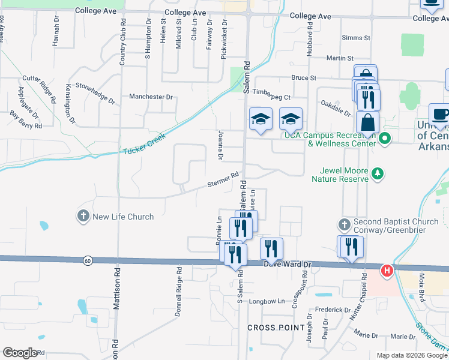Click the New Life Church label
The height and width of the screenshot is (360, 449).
coord(123,217)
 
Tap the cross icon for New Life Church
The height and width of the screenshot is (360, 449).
coord(83,215)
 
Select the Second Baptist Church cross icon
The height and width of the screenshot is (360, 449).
coord(344,224)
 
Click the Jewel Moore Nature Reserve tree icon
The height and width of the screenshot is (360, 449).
coord(378,175)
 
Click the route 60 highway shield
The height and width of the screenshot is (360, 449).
coord(88,260)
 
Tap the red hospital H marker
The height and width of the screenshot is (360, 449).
coord(387,271)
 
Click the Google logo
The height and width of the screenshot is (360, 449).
coord(20,353)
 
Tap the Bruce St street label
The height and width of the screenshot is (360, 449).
coord(304,78)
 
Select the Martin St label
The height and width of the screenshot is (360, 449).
coord(340,58)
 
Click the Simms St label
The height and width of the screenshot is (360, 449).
coord(355,38)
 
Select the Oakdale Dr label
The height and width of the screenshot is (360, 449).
coord(335,108)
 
